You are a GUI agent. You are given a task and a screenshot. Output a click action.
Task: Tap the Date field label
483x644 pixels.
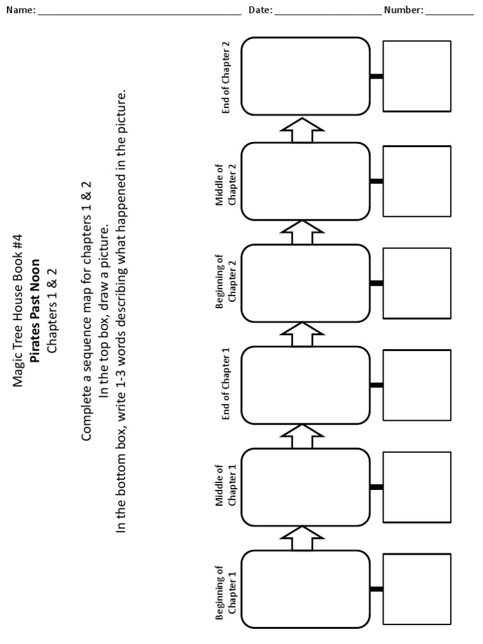[x=260, y=10]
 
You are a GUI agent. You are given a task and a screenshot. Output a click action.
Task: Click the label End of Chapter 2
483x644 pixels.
[x=226, y=77]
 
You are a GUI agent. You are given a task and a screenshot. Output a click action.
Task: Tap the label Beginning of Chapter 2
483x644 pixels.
[x=226, y=283]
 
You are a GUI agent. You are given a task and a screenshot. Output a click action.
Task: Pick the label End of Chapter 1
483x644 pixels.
[x=226, y=384]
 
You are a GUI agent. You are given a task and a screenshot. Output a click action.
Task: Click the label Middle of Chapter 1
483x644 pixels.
[x=226, y=486]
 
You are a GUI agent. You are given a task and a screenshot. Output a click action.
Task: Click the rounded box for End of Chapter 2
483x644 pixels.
[x=306, y=76]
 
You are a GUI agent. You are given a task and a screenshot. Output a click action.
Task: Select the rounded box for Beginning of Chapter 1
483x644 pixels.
[x=306, y=589]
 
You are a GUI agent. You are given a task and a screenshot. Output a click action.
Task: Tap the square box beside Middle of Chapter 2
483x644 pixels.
[x=417, y=181]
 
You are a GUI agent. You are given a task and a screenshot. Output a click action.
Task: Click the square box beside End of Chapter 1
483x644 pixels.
[x=417, y=385]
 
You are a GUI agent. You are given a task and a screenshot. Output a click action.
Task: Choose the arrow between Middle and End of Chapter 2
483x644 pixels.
[x=302, y=130]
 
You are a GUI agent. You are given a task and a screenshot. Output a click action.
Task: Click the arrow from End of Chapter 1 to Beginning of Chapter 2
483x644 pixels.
[x=302, y=334]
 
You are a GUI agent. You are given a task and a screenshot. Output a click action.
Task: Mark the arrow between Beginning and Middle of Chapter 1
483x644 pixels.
[x=302, y=538]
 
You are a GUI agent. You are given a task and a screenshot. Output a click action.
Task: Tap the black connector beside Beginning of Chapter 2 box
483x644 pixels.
[x=377, y=283]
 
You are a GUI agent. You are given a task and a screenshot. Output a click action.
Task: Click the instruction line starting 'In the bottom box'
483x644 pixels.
[x=122, y=311]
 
